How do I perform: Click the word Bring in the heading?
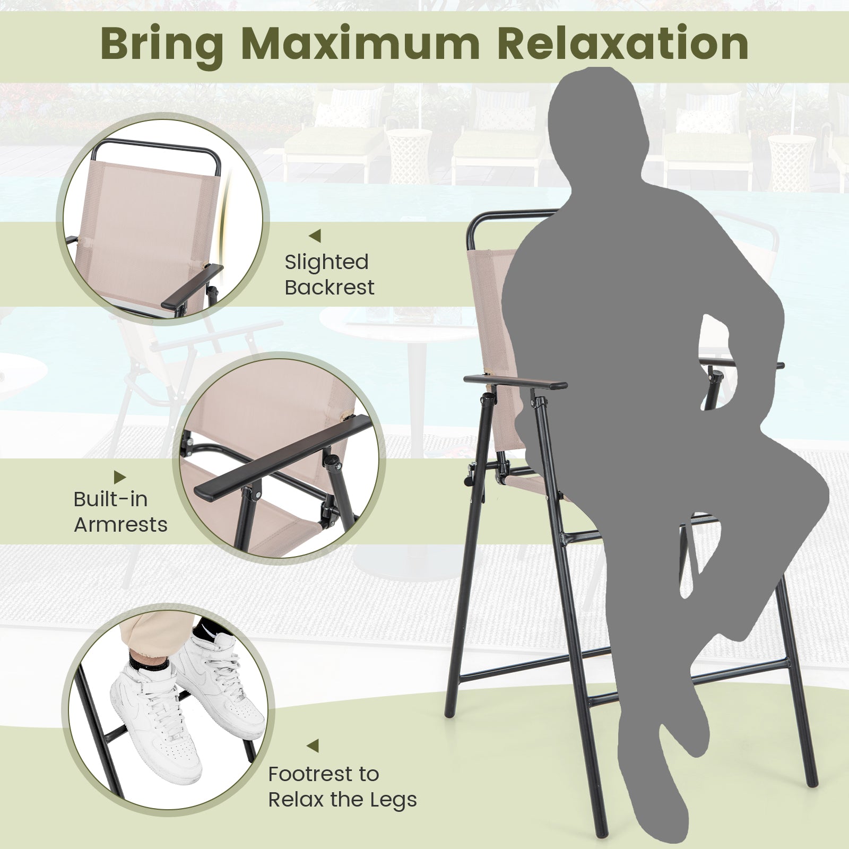[x=161, y=45]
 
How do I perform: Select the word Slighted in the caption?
[x=326, y=262]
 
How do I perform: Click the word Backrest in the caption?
[x=329, y=288]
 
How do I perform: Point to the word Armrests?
[x=120, y=525]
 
